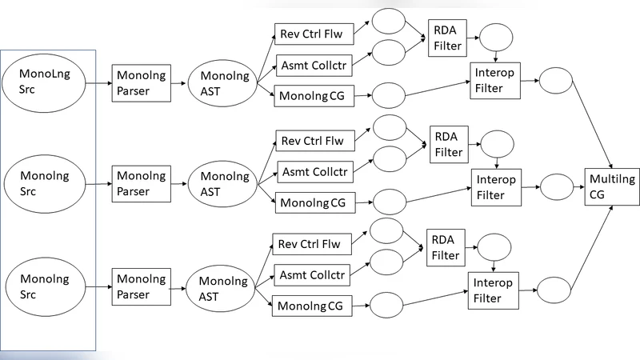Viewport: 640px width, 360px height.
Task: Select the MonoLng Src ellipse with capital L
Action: [48, 82]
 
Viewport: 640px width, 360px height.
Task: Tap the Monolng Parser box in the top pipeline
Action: [143, 82]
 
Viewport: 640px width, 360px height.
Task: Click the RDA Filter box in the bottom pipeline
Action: [447, 247]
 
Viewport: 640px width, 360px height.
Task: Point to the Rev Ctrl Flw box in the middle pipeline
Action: [312, 142]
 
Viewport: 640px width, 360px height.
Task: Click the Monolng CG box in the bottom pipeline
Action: [312, 305]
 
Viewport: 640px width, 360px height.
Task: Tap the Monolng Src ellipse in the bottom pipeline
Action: [48, 287]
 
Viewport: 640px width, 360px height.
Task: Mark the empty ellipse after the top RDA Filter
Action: [496, 38]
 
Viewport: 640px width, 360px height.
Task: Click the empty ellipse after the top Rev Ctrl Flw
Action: [389, 22]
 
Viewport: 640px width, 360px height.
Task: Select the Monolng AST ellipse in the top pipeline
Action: [219, 82]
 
